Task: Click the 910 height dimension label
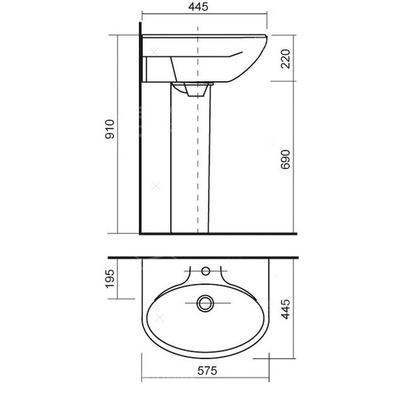[110, 129]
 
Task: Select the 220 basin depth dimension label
[286, 59]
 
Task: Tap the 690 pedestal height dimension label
[286, 160]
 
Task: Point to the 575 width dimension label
[207, 371]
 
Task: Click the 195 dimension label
[110, 279]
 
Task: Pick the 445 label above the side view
[198, 7]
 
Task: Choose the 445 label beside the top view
[286, 309]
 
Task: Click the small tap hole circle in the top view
[206, 271]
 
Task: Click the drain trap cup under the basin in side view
[196, 90]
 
